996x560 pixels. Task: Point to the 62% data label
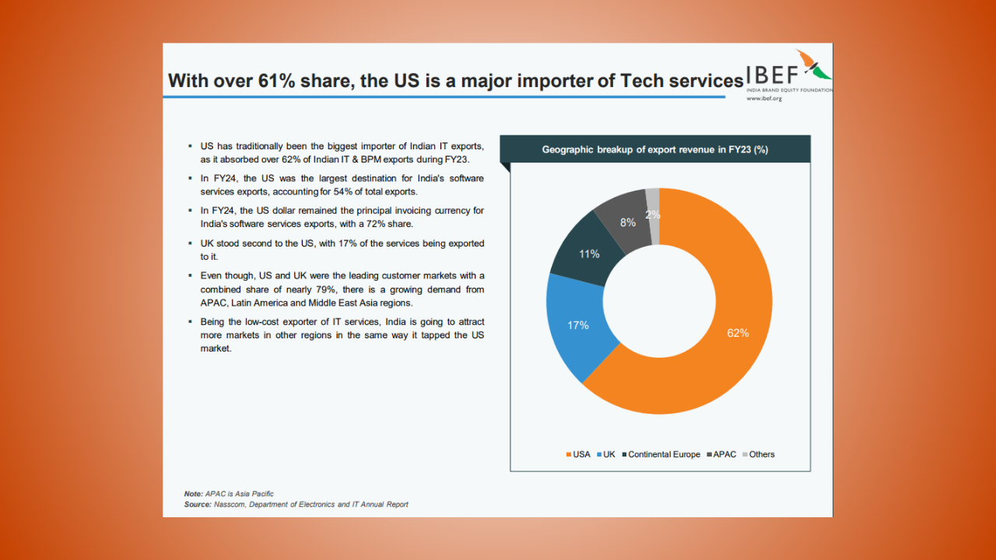click(738, 333)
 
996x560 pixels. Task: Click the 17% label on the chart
click(578, 325)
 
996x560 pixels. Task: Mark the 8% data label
click(628, 222)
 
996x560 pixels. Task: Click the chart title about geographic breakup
click(654, 149)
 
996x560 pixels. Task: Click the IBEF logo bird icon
click(814, 65)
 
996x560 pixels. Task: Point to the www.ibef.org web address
click(763, 99)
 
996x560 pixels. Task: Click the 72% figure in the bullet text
click(371, 224)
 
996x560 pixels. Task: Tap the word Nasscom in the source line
click(227, 504)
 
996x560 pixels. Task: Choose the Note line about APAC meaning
click(229, 494)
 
